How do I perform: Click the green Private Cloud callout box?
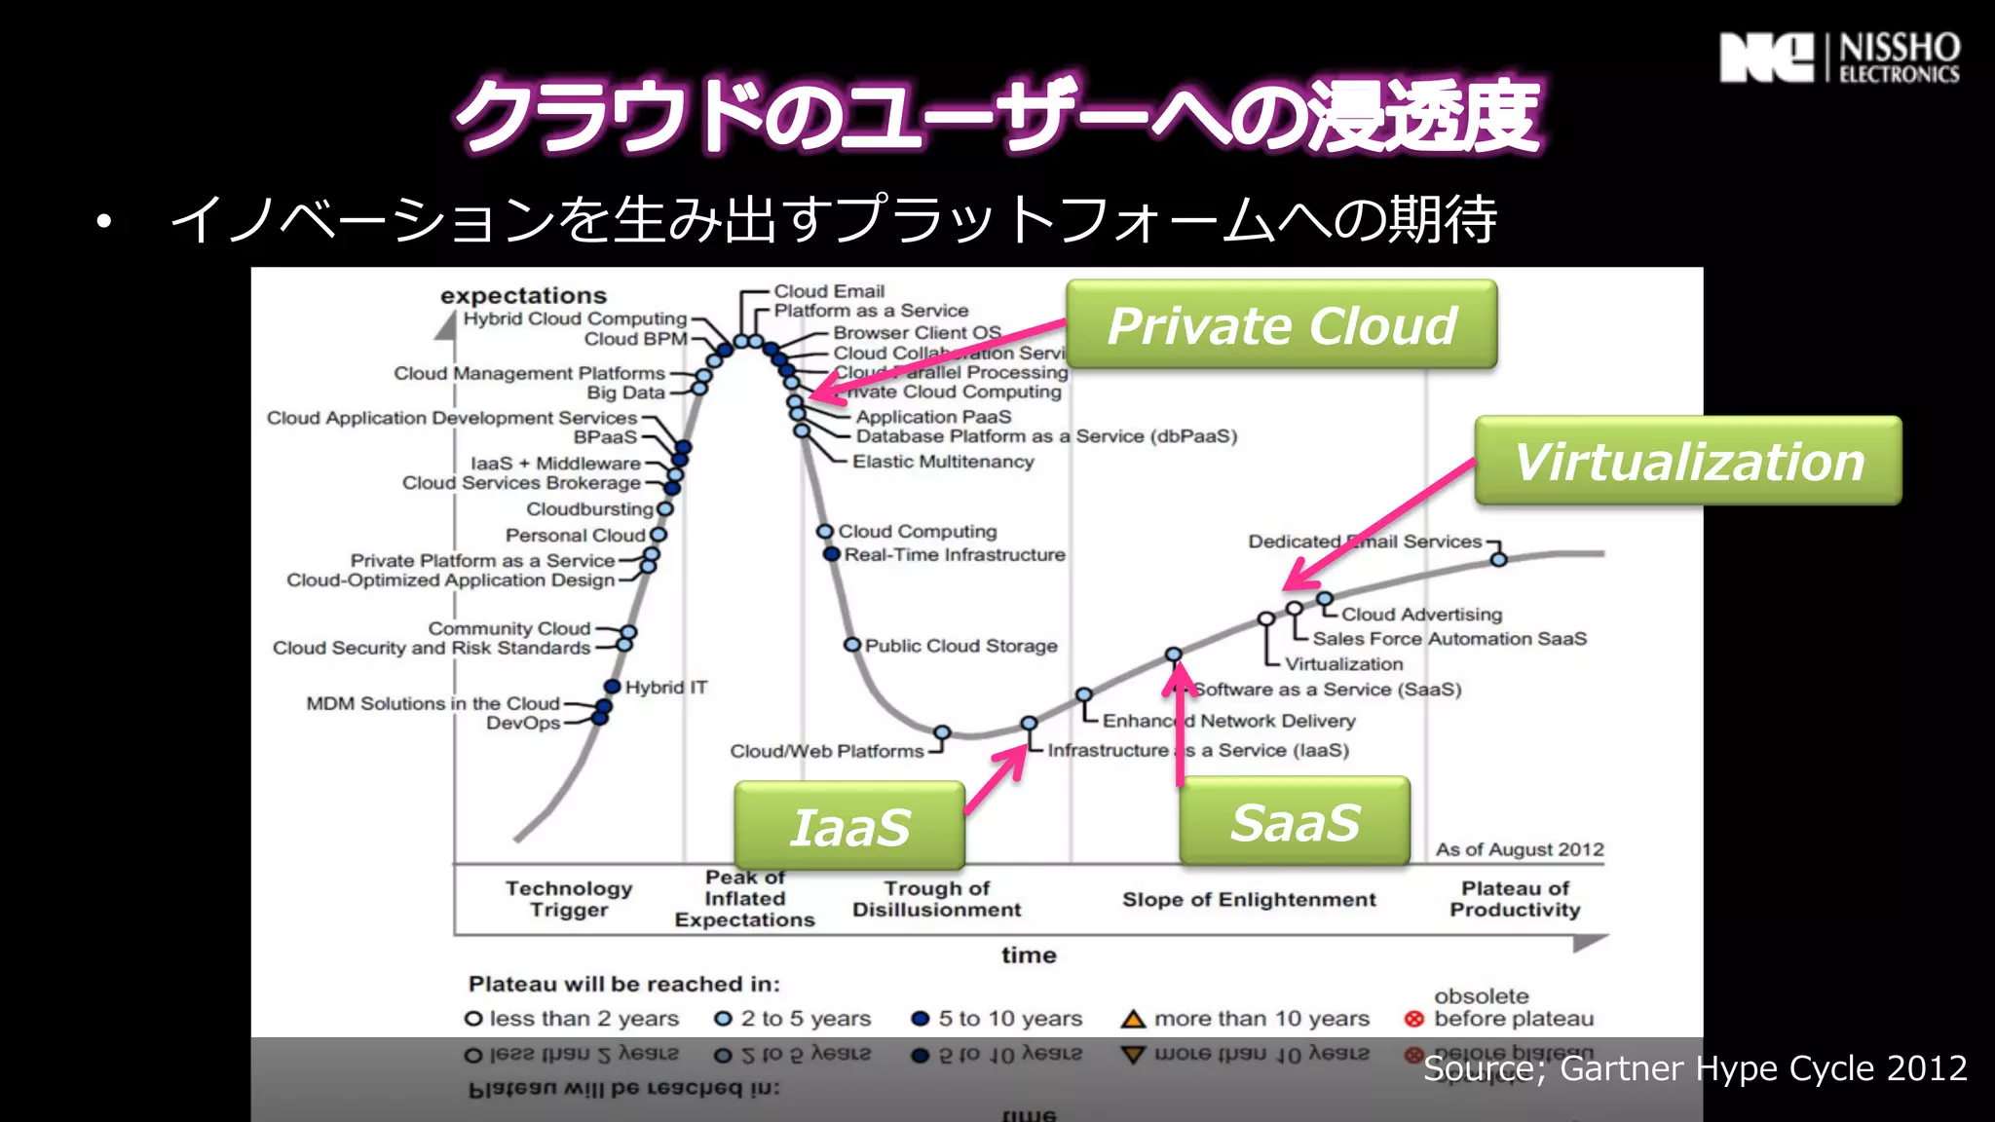coord(1281,324)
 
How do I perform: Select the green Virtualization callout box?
coord(1687,461)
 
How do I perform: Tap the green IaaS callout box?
coord(849,826)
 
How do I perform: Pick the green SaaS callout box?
coord(1295,821)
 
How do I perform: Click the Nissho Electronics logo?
coord(1839,58)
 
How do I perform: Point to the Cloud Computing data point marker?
coord(825,531)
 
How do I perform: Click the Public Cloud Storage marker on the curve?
coord(852,645)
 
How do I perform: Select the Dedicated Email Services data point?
coord(1499,559)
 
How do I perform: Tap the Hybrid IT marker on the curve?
coord(613,687)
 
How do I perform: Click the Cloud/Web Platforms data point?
coord(942,732)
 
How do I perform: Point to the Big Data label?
coord(625,393)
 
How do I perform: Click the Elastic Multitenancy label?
coord(943,462)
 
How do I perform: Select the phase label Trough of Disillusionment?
coord(936,899)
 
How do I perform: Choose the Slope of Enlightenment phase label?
coord(1249,900)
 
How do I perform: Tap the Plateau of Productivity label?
coord(1515,899)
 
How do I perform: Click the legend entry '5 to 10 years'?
coord(997,1019)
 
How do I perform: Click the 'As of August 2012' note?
coord(1519,849)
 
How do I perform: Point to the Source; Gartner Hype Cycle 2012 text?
coord(1695,1068)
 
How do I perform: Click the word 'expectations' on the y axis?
coord(523,295)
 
